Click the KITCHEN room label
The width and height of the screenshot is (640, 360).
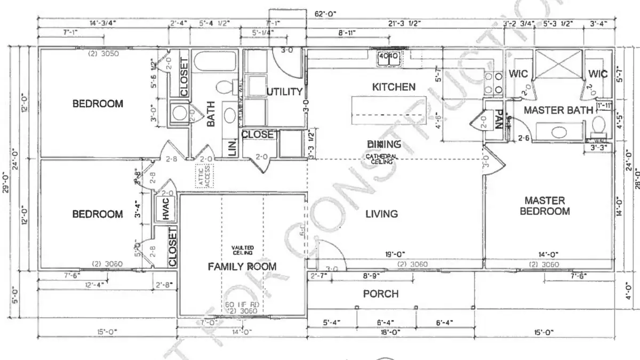[393, 86]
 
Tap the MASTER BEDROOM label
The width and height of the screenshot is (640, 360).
[545, 206]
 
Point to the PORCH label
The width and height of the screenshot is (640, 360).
[381, 294]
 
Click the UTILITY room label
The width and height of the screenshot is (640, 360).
[285, 92]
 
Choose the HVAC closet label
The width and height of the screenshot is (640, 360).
[165, 209]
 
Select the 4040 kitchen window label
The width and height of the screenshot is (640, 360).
[388, 55]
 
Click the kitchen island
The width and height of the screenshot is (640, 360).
[388, 112]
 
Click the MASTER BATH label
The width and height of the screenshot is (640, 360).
[558, 110]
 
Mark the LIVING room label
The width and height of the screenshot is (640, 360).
[381, 214]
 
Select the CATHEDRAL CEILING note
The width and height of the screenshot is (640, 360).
[381, 158]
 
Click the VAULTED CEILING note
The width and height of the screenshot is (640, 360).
[242, 250]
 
